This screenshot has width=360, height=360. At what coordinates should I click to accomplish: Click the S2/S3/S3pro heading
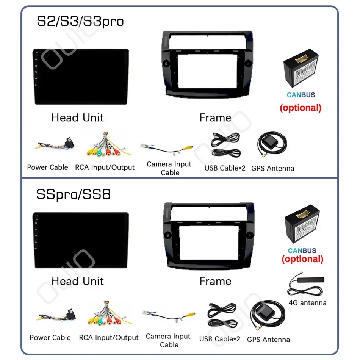point(80,21)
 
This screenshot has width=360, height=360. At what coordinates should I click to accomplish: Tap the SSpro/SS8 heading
point(73,194)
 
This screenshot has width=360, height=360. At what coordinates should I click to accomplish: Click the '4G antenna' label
point(307,302)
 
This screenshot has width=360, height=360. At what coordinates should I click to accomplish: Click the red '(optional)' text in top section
point(301,108)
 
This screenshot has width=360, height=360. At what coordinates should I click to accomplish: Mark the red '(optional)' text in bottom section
point(302,259)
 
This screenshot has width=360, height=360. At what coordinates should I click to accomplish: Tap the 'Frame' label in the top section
point(215,118)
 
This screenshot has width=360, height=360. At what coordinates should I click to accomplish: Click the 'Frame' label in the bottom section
point(215,281)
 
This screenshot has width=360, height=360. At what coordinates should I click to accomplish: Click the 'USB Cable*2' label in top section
point(225,168)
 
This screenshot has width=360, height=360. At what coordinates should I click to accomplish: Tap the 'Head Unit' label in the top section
point(77,117)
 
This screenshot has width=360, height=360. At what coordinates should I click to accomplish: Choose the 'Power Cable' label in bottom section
point(50,337)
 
